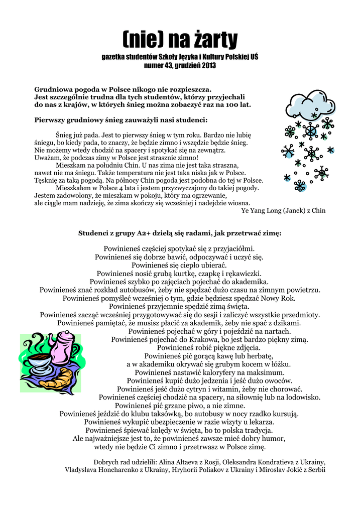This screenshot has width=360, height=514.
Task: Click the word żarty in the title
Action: click(211, 39)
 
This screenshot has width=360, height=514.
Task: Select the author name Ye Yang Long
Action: click(262, 211)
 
